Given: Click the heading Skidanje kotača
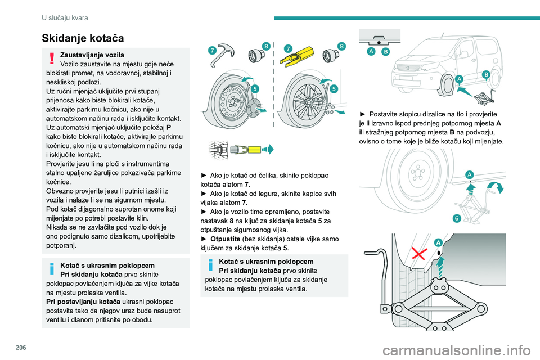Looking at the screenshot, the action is click(x=83, y=38).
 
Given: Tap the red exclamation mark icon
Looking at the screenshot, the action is click(x=52, y=58).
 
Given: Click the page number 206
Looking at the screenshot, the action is click(x=21, y=348).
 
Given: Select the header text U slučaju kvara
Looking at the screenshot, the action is click(x=65, y=17).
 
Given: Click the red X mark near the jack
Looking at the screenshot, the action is click(x=419, y=254).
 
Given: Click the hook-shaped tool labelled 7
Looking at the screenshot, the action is click(x=222, y=55).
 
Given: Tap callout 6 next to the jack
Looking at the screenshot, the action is click(x=457, y=218).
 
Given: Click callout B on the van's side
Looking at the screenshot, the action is click(x=486, y=75).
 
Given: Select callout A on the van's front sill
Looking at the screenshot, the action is click(x=459, y=79).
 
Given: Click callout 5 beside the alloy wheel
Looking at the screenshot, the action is click(x=334, y=89).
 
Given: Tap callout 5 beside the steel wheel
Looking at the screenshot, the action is click(x=255, y=88).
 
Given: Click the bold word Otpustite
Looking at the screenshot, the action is click(x=225, y=238).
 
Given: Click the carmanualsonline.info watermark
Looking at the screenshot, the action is click(x=457, y=350).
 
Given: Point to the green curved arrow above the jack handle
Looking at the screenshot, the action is click(x=496, y=186).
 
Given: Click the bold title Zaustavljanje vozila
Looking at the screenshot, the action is click(x=92, y=55).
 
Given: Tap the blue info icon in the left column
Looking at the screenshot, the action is click(x=52, y=268).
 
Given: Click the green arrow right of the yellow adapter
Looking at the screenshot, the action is click(x=268, y=150).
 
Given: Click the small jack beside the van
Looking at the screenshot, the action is click(x=484, y=97).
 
